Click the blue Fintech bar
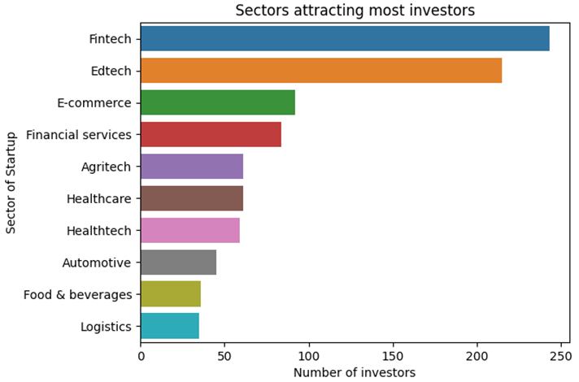pyautogui.click(x=345, y=38)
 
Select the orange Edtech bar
pyautogui.click(x=321, y=71)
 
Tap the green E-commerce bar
pyautogui.click(x=217, y=102)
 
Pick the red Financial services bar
pyautogui.click(x=211, y=134)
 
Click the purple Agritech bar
pyautogui.click(x=192, y=167)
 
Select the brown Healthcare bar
pyautogui.click(x=192, y=198)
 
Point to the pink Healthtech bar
pyautogui.click(x=190, y=231)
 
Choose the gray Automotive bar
pyautogui.click(x=178, y=263)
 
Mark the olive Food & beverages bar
pyautogui.click(x=171, y=294)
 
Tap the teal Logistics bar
pyautogui.click(x=170, y=327)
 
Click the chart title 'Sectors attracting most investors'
pyautogui.click(x=355, y=11)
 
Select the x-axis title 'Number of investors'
pyautogui.click(x=355, y=372)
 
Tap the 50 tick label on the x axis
pyautogui.click(x=224, y=355)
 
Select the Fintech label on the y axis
pyautogui.click(x=111, y=38)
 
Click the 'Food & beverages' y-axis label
pyautogui.click(x=78, y=294)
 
